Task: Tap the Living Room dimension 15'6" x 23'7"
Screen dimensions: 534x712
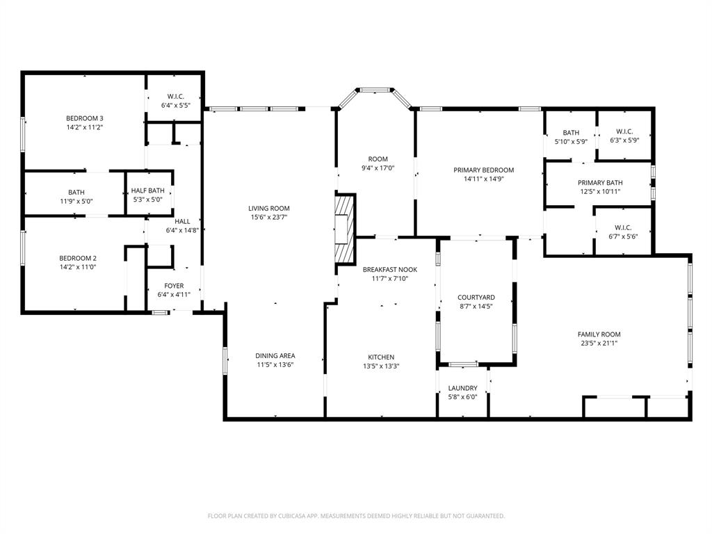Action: tap(269, 217)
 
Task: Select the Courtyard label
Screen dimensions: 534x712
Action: tap(476, 297)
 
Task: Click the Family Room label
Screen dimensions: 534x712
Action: tap(599, 334)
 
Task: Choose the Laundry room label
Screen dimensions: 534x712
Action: tap(462, 388)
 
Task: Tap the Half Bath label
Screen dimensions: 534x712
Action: tap(147, 191)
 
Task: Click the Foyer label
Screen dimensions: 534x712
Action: tap(174, 286)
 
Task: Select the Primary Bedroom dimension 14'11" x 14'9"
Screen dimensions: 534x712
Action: tap(483, 179)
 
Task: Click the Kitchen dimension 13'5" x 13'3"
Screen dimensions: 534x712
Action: tap(381, 366)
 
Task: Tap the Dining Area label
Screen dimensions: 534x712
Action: tap(275, 356)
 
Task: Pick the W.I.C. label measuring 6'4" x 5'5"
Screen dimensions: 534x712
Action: tap(175, 97)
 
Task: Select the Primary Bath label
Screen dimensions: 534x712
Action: tap(599, 183)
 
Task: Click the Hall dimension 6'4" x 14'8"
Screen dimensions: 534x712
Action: tap(183, 230)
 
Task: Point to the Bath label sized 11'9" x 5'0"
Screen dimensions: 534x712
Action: tap(76, 192)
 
